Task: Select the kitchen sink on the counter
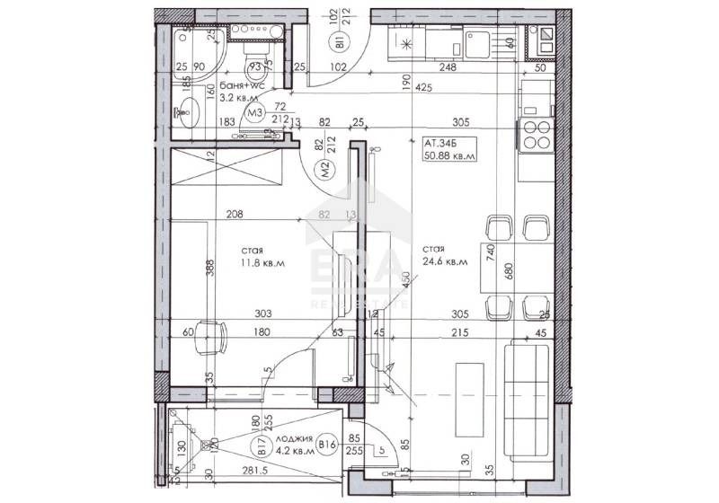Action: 475,40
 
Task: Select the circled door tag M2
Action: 329,165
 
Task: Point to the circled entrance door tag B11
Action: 342,41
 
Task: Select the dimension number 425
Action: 427,88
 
